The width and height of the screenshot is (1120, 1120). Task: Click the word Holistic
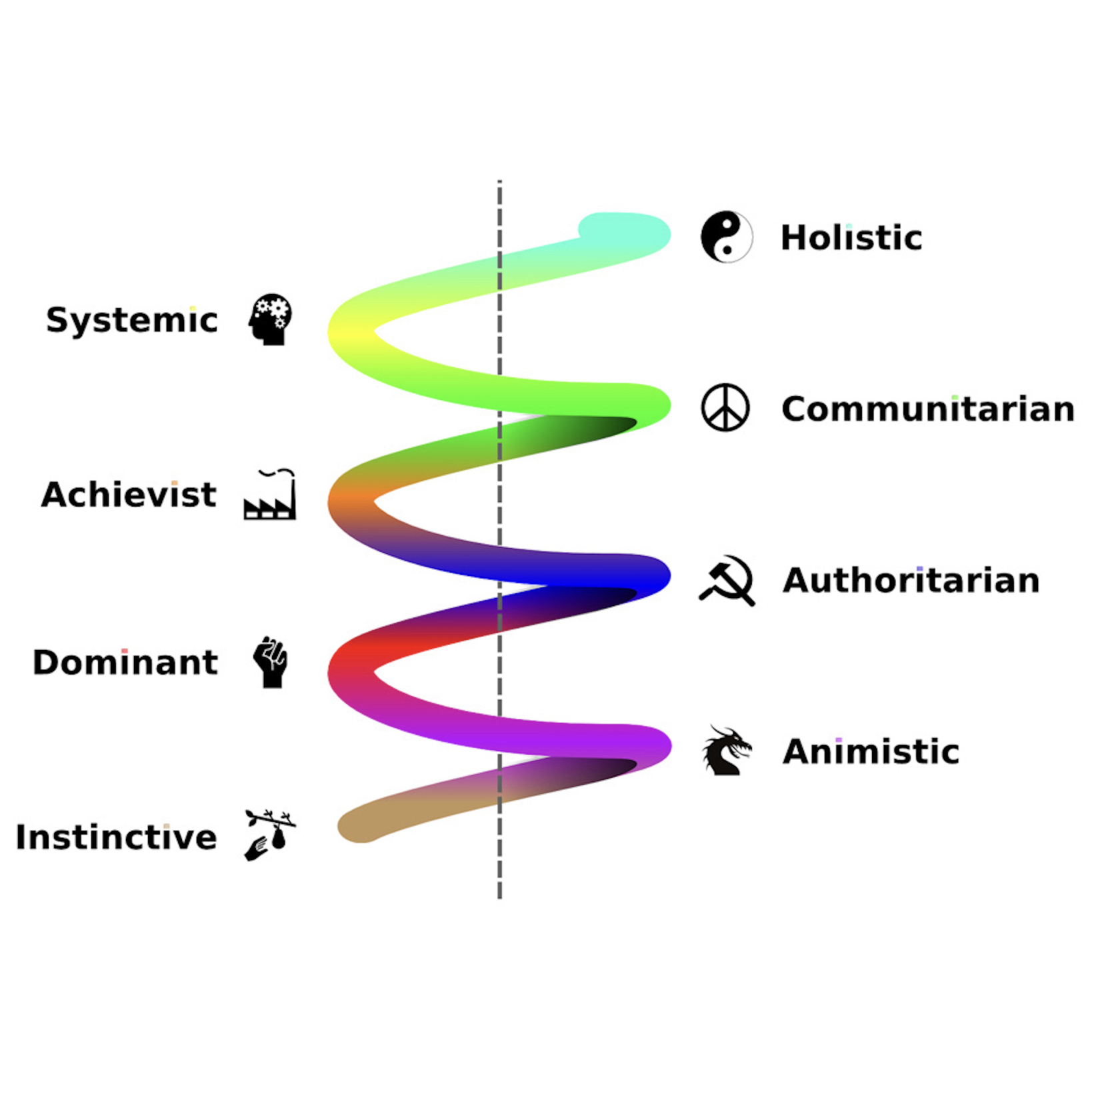point(851,238)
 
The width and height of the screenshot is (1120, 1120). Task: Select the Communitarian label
point(927,409)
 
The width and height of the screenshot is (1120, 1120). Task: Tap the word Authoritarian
point(911,580)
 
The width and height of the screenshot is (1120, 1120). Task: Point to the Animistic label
point(871,751)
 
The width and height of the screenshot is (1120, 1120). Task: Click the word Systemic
point(131,321)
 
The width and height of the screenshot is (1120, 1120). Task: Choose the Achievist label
point(129,495)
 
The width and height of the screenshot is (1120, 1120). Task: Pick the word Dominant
point(125,663)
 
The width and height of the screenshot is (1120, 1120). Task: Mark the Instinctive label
point(116,837)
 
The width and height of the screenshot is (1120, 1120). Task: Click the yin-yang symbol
point(726,237)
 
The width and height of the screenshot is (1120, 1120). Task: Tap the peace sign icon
point(725,407)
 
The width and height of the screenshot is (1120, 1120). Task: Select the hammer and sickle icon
point(727,580)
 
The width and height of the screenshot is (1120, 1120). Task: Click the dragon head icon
point(726,751)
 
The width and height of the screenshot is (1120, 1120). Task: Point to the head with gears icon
point(271,319)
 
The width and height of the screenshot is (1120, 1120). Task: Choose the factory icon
point(270,495)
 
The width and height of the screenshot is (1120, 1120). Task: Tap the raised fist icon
point(271,662)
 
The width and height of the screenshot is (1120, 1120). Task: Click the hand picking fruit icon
point(269,835)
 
